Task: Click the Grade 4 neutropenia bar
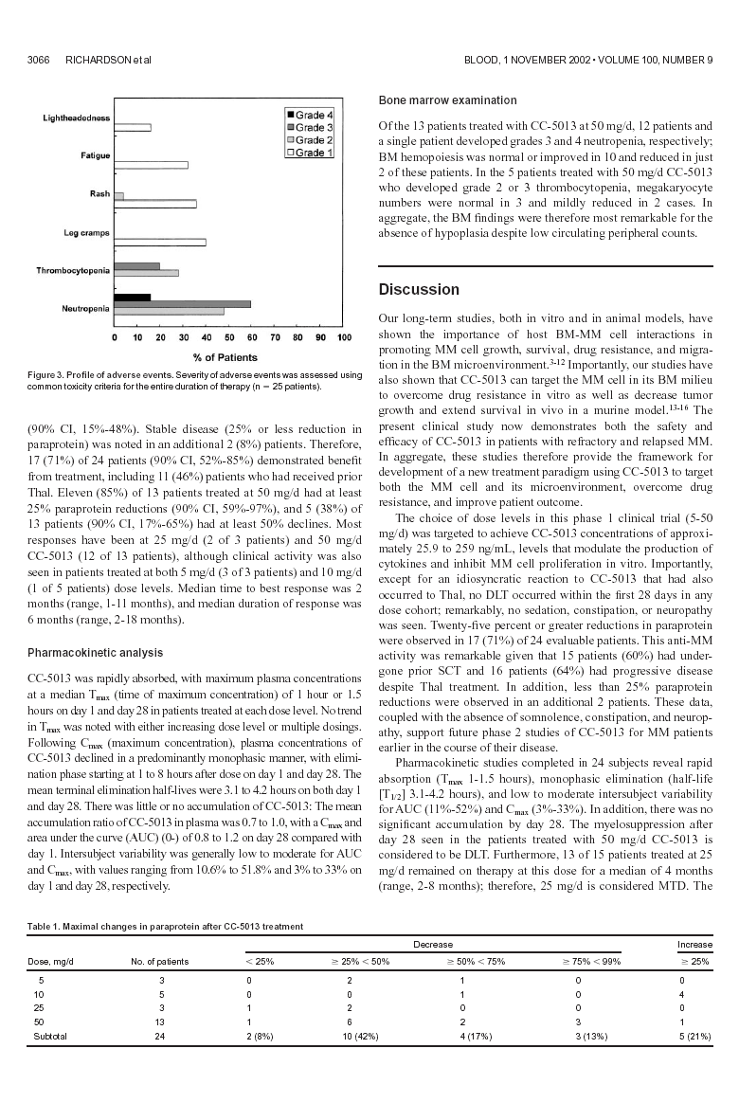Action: [x=132, y=298]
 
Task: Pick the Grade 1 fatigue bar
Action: [x=151, y=165]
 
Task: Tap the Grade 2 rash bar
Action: [x=118, y=196]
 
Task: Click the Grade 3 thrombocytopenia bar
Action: [x=136, y=266]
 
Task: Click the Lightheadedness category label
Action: [x=76, y=119]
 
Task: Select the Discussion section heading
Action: [x=419, y=289]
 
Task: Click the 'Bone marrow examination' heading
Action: [x=447, y=100]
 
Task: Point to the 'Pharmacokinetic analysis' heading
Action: [x=95, y=653]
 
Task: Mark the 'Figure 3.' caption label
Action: [x=45, y=376]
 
